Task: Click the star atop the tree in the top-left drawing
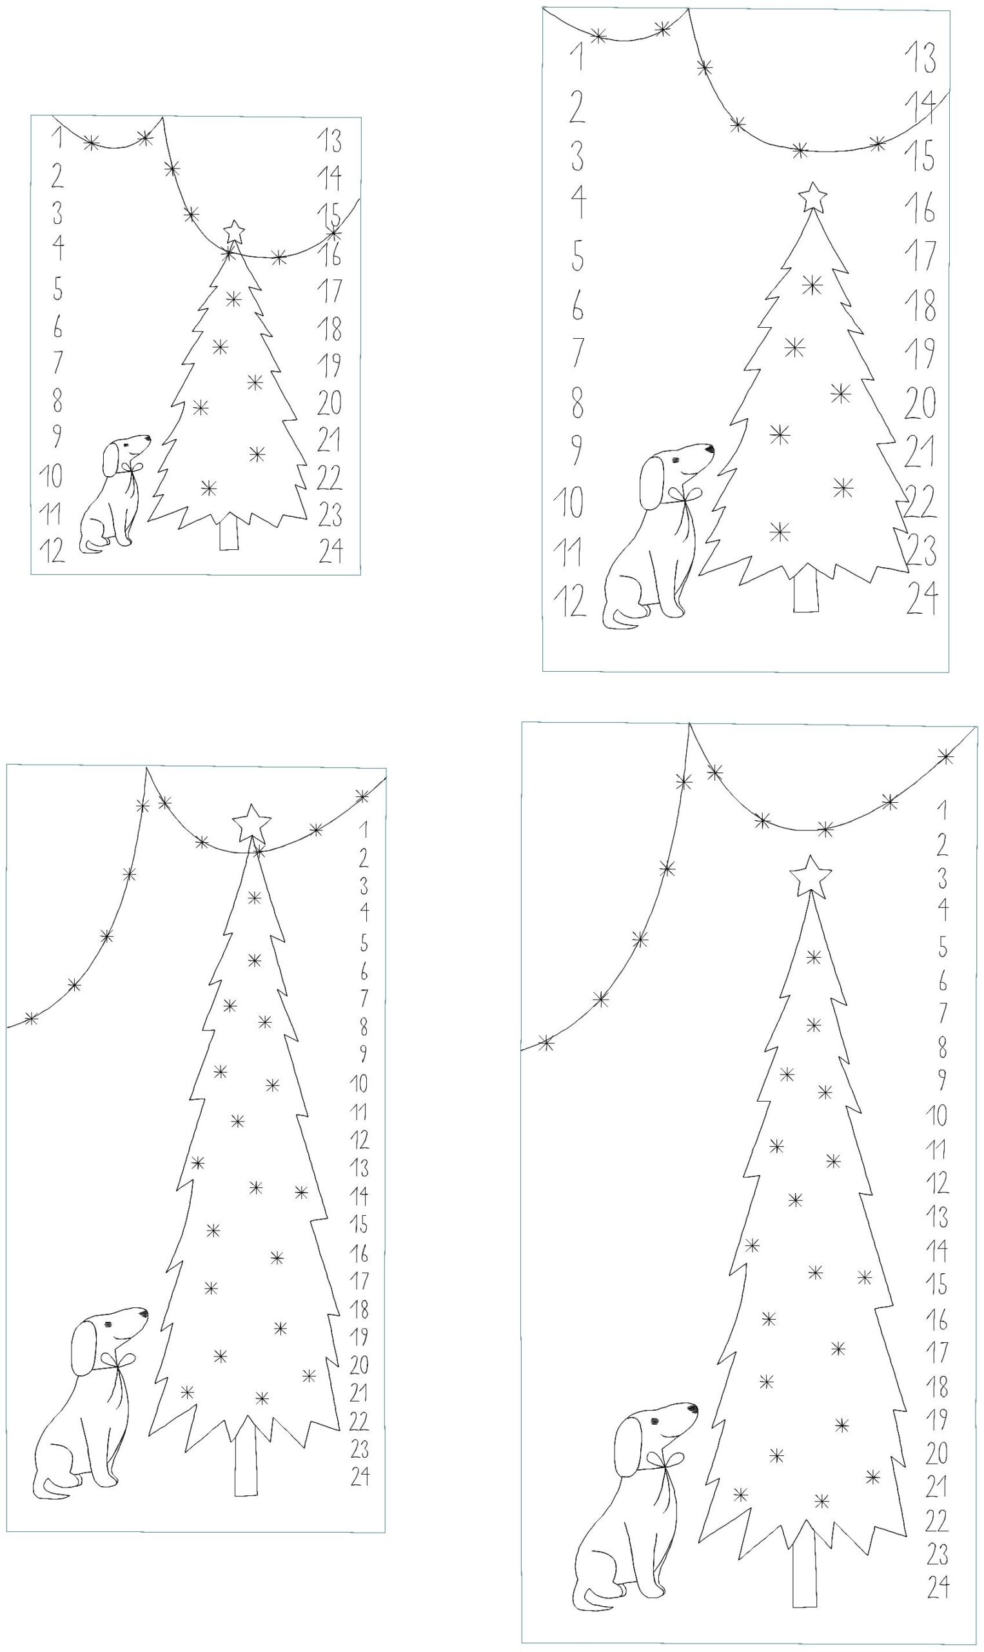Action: pos(233,232)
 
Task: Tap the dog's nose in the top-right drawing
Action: pos(710,449)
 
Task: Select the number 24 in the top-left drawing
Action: pos(331,550)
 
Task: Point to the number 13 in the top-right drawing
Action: pos(921,57)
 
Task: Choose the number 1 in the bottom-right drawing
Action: pos(942,809)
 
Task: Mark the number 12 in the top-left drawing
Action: pos(52,550)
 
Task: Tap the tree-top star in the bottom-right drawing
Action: pos(811,876)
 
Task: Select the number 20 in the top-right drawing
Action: pos(920,402)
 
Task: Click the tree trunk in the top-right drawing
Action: pos(805,589)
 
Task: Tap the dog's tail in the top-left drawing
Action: pos(92,546)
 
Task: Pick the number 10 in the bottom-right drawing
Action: pos(936,1116)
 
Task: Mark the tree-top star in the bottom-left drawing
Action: pos(251,823)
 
